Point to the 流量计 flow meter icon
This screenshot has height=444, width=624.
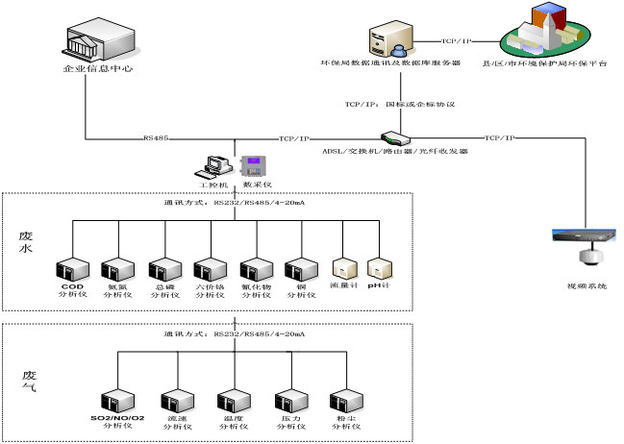[x=344, y=268]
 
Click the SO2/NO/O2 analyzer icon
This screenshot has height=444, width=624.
[x=117, y=401]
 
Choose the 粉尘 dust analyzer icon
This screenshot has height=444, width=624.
[x=344, y=401]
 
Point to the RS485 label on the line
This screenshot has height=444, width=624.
[x=156, y=138]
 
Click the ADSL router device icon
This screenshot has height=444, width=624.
[x=390, y=139]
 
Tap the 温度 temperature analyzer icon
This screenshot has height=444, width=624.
[x=232, y=401]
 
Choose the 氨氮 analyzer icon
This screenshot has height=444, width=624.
[x=116, y=269]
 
